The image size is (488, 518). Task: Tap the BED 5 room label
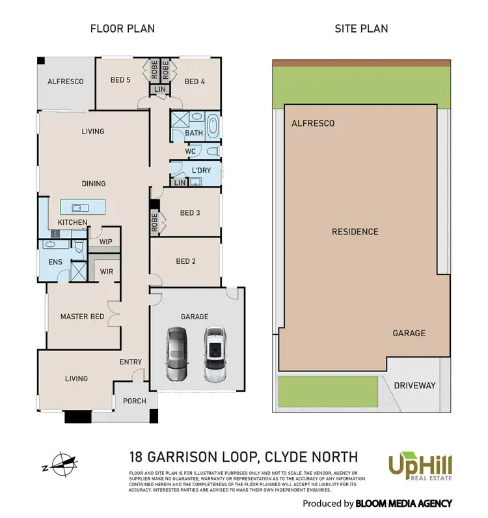pyautogui.click(x=120, y=81)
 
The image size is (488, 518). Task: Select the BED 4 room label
pyautogui.click(x=195, y=81)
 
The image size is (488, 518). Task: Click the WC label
pyautogui.click(x=190, y=151)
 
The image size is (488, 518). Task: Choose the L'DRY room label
pyautogui.click(x=202, y=171)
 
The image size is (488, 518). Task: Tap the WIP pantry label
pyautogui.click(x=105, y=242)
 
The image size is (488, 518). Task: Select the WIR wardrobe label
pyautogui.click(x=106, y=270)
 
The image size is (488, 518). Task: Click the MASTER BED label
pyautogui.click(x=82, y=317)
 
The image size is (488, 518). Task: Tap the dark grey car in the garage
pyautogui.click(x=176, y=354)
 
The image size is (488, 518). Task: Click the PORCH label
pyautogui.click(x=135, y=401)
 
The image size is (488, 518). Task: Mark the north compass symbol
pyautogui.click(x=58, y=464)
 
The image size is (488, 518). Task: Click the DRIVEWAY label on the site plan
pyautogui.click(x=414, y=386)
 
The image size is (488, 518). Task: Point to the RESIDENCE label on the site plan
pyautogui.click(x=355, y=232)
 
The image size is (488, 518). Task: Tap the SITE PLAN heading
pyautogui.click(x=360, y=29)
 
